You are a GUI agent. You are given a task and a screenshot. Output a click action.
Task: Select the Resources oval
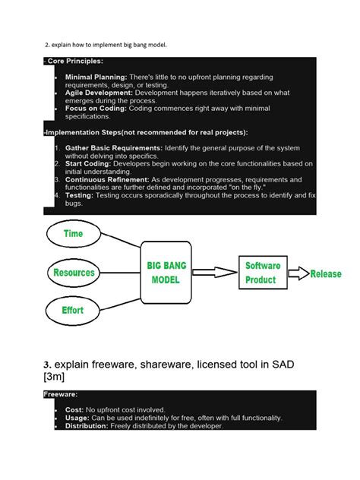click(x=74, y=272)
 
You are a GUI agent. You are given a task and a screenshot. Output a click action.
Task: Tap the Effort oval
click(x=74, y=309)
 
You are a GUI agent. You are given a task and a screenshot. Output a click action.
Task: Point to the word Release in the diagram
click(x=326, y=274)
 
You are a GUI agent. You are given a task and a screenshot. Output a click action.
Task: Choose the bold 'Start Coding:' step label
click(x=88, y=163)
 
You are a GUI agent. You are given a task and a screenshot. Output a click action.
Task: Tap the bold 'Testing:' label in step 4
click(x=79, y=195)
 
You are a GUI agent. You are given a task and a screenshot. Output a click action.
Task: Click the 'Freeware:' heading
click(x=60, y=395)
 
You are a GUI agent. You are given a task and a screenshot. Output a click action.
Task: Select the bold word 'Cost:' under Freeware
click(x=75, y=409)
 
